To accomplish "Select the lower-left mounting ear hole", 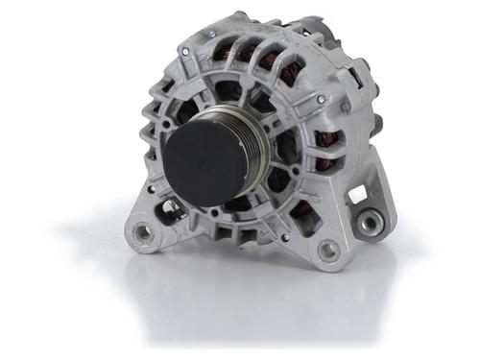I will click(x=144, y=231).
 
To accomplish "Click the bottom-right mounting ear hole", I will click(x=328, y=252).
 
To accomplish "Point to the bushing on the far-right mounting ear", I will click(x=369, y=224).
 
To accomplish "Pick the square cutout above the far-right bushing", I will click(x=358, y=195).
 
